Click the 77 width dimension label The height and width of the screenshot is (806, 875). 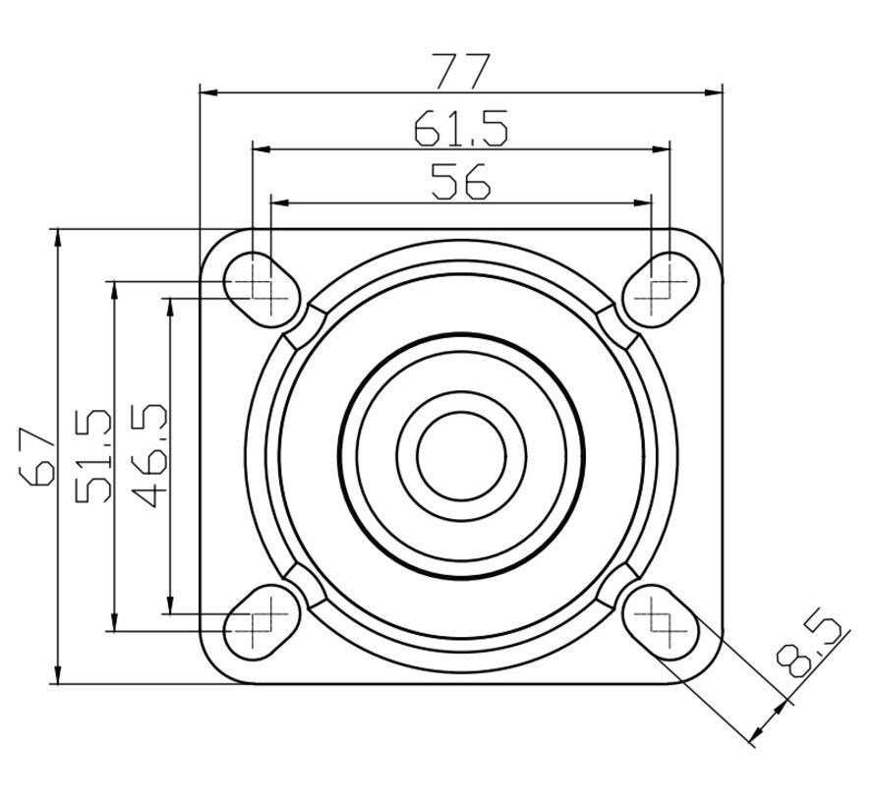[x=463, y=71]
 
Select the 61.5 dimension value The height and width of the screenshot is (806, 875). [x=461, y=128]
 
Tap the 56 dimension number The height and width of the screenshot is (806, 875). [x=461, y=181]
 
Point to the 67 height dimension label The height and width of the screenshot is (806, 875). [x=37, y=456]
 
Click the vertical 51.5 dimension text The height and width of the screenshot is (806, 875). [x=93, y=456]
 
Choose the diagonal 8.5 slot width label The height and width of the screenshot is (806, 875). [x=808, y=646]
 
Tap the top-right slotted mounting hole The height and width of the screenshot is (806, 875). [x=661, y=290]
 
